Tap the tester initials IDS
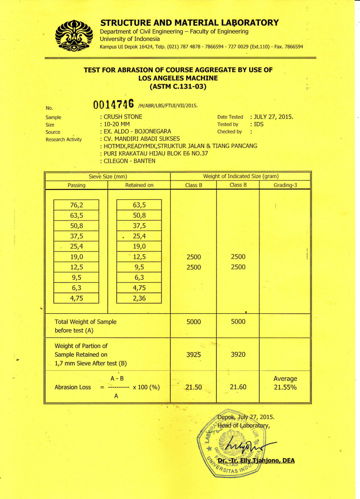tap(259, 124)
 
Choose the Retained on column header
tap(139, 185)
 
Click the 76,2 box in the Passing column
tap(76, 205)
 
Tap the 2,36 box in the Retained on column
tap(139, 298)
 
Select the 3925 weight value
tap(194, 355)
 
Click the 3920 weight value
tap(238, 355)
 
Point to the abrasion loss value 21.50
tap(194, 387)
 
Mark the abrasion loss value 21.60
tap(238, 387)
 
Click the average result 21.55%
tap(285, 387)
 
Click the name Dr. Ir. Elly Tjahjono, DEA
tap(256, 460)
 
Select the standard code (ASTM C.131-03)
tap(178, 86)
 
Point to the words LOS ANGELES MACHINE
tap(178, 78)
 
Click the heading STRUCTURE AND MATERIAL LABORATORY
tap(189, 22)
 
